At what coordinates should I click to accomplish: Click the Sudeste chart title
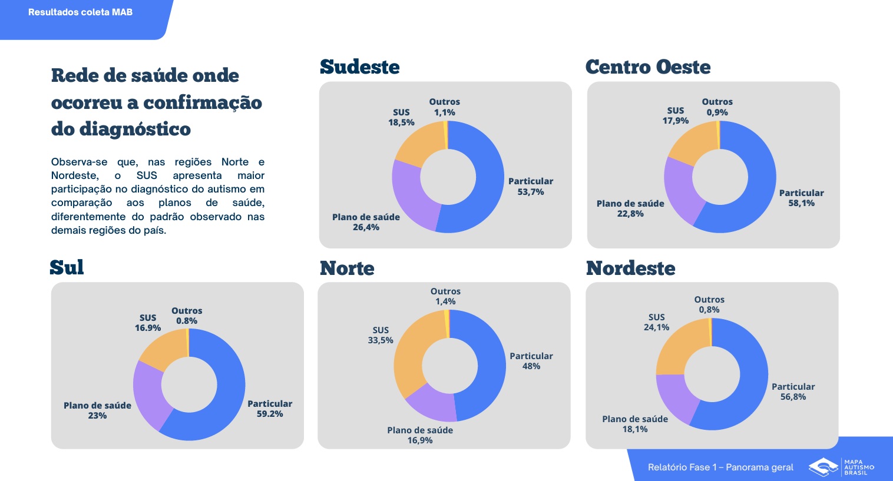(359, 67)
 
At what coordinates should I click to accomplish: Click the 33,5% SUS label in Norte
(381, 335)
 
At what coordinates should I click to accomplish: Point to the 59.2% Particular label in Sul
(270, 409)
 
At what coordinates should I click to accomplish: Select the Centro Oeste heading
(647, 67)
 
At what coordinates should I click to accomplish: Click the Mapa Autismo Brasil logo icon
(823, 467)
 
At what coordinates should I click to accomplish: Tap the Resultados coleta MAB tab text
(80, 12)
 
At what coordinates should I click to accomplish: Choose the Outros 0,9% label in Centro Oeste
(717, 107)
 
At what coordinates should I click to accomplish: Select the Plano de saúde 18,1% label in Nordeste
(635, 424)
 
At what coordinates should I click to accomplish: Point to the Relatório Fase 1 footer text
(720, 467)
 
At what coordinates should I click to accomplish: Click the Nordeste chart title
(630, 268)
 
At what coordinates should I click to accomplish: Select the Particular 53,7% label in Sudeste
(531, 187)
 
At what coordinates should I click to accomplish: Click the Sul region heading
(67, 268)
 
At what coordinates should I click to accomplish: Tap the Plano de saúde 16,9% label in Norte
(420, 435)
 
